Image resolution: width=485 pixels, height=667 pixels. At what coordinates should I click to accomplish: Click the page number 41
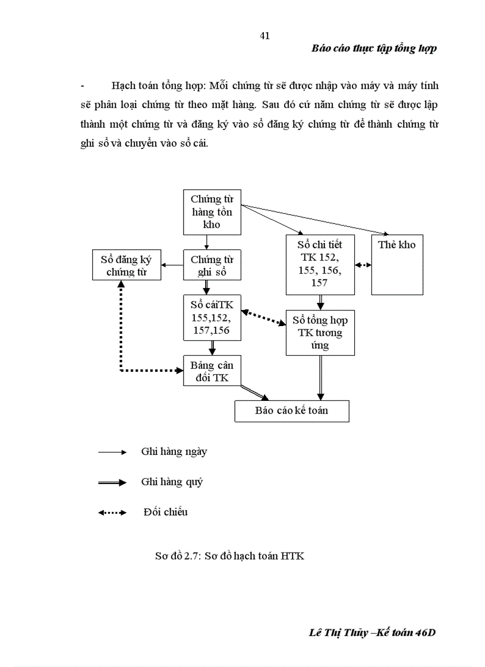(x=265, y=36)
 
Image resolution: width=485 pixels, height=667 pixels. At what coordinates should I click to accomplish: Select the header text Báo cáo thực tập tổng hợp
(x=374, y=49)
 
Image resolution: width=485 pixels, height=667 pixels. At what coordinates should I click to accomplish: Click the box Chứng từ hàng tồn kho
(x=212, y=212)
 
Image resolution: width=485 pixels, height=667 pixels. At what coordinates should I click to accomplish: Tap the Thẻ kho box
(x=397, y=264)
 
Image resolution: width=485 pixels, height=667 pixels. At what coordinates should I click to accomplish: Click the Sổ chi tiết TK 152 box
(x=319, y=264)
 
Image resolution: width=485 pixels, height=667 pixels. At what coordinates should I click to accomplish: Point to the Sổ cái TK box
(x=212, y=318)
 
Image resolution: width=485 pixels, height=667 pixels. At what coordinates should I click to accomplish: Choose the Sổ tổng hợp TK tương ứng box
(x=320, y=333)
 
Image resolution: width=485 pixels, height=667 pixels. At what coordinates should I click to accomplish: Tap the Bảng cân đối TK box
(x=212, y=371)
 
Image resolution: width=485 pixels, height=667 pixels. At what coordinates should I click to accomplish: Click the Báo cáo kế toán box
(x=291, y=411)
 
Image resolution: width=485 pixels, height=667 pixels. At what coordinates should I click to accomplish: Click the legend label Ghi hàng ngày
(x=174, y=451)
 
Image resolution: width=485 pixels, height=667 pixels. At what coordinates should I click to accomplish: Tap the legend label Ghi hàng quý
(x=172, y=482)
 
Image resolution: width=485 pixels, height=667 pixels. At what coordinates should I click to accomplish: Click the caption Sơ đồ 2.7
(x=229, y=557)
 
